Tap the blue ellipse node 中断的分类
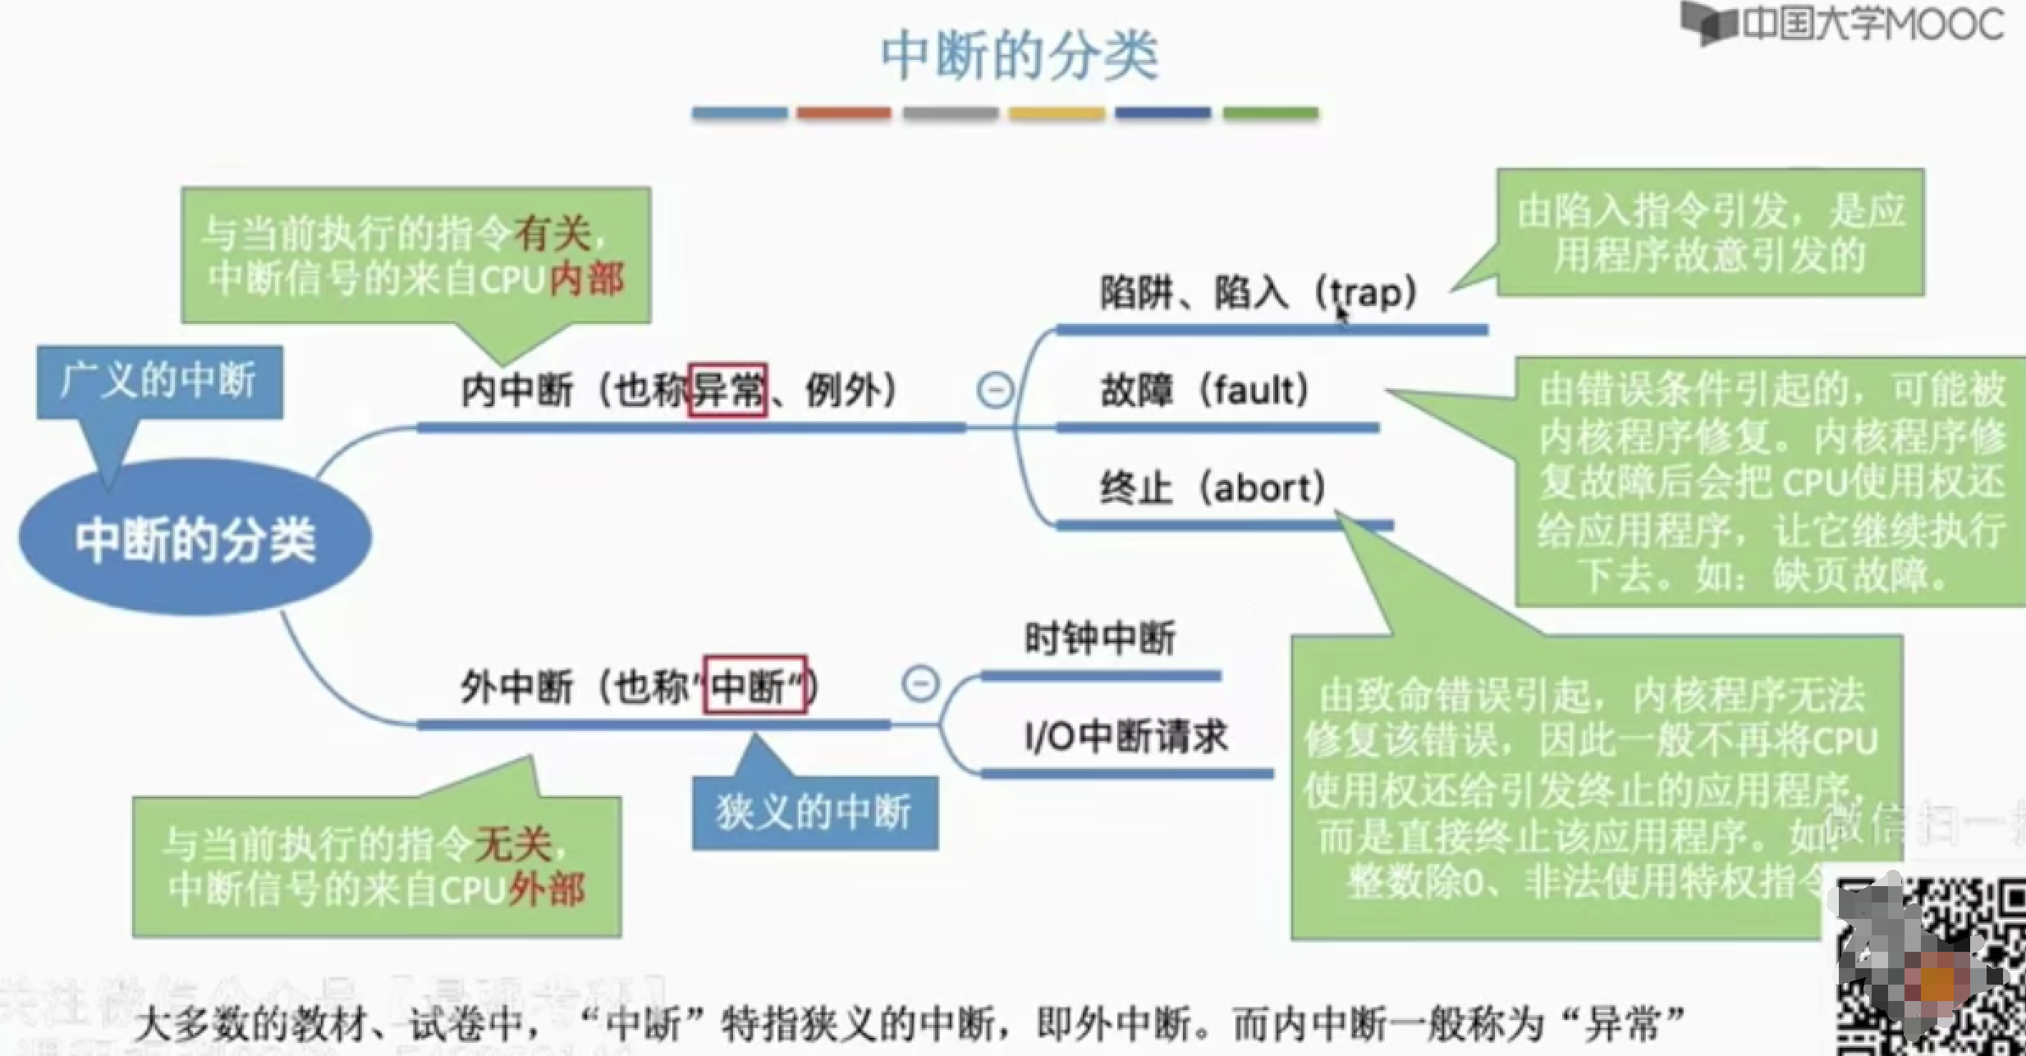(x=195, y=539)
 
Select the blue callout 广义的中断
(x=159, y=382)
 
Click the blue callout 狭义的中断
(x=814, y=812)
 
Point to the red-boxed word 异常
(x=727, y=390)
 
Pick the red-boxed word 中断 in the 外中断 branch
(x=755, y=685)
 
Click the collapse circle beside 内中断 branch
(x=995, y=390)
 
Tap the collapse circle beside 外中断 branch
(x=919, y=683)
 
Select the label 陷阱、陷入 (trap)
(x=1258, y=293)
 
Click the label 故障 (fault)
(x=1205, y=391)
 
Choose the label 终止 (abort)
(x=1212, y=488)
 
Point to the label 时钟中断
(x=1100, y=638)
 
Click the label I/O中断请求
(x=1126, y=736)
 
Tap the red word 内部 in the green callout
(x=587, y=280)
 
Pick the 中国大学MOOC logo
(x=1843, y=24)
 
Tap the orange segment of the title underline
(x=843, y=113)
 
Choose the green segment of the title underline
(x=1270, y=113)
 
